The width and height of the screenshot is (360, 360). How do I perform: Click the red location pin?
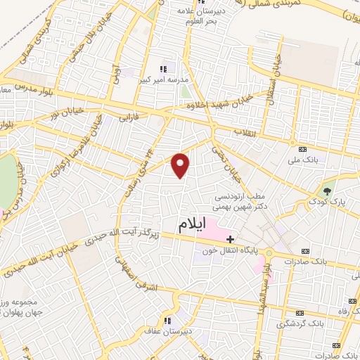coord(181,165)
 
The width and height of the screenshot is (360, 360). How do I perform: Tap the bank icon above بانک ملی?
coord(302,149)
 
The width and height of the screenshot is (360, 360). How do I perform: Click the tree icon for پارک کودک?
coord(326,190)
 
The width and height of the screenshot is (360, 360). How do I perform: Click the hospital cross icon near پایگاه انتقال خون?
coord(230,239)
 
